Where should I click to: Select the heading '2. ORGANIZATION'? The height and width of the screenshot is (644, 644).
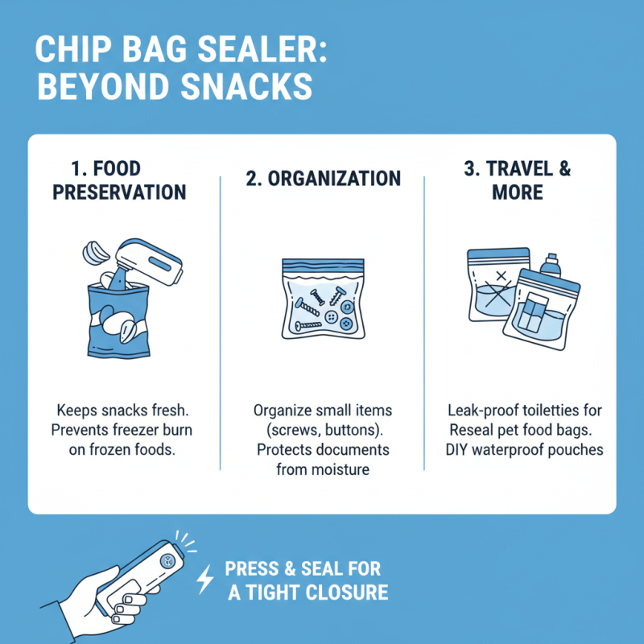pyautogui.click(x=322, y=179)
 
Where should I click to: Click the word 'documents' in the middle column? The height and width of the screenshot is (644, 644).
pyautogui.click(x=347, y=448)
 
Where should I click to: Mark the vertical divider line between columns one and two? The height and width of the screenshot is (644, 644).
pyautogui.click(x=221, y=322)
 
